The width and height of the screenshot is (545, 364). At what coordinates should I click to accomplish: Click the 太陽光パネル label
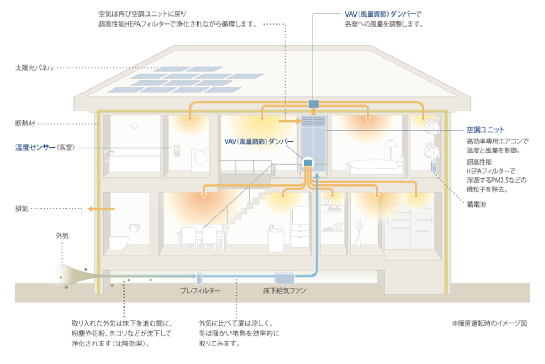click(x=34, y=69)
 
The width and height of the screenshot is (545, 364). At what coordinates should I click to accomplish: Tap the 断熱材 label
click(x=26, y=124)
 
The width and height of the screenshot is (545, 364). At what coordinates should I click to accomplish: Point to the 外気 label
click(x=62, y=234)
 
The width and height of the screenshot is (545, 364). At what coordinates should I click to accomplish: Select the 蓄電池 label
click(x=472, y=204)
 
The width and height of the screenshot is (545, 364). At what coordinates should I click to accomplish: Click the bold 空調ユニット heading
click(x=485, y=130)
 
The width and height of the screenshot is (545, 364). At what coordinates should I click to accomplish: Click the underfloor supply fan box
click(x=284, y=278)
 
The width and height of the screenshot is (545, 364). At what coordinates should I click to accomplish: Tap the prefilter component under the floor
click(x=199, y=278)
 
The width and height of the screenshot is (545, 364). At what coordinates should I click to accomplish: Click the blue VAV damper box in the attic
click(x=313, y=103)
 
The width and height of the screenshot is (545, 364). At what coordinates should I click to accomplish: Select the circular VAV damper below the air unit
click(x=308, y=163)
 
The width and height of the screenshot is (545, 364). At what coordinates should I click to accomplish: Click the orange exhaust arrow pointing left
click(x=101, y=209)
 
